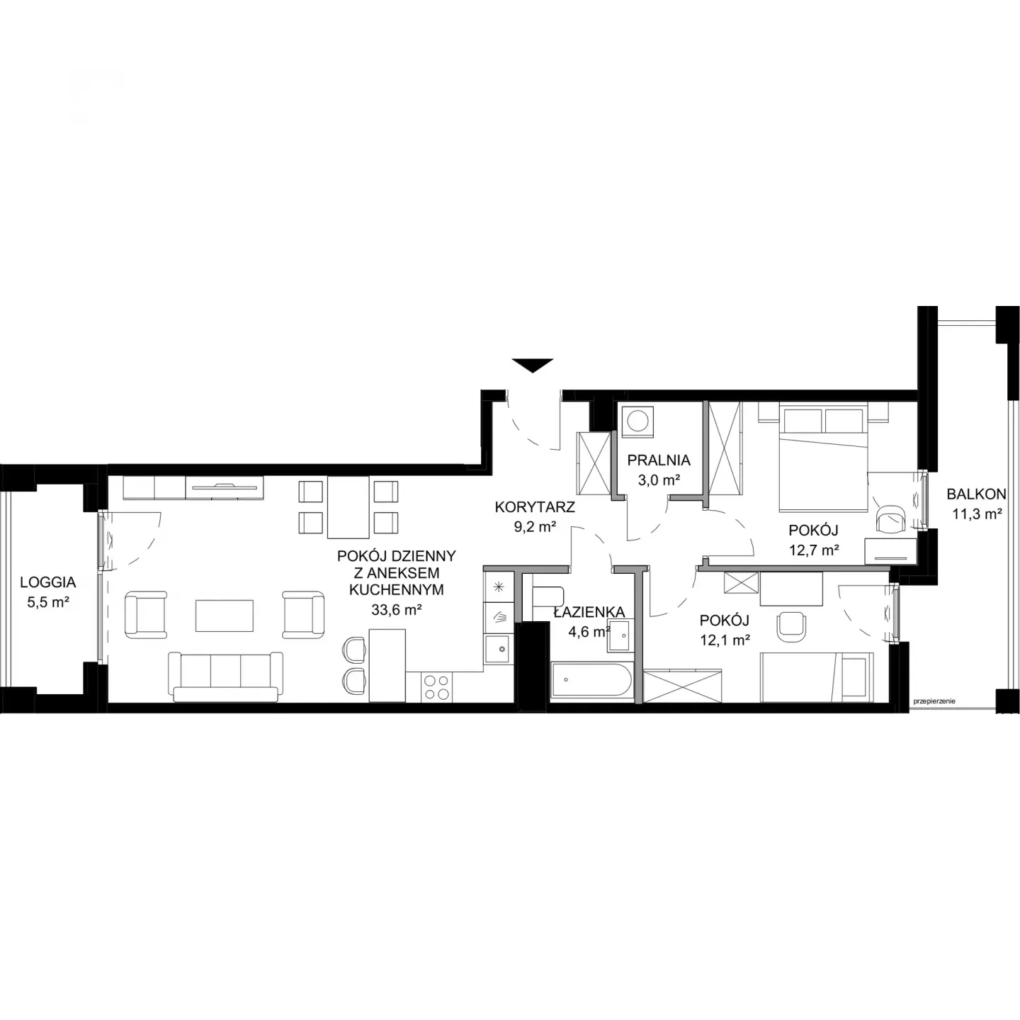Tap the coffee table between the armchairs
click(225, 615)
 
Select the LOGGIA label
click(48, 582)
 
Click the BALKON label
click(976, 494)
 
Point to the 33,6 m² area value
click(397, 610)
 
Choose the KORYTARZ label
click(535, 506)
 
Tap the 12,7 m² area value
click(814, 550)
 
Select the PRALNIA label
click(659, 460)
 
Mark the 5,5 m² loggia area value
click(48, 602)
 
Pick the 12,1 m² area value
click(725, 640)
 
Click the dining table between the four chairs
click(348, 507)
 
